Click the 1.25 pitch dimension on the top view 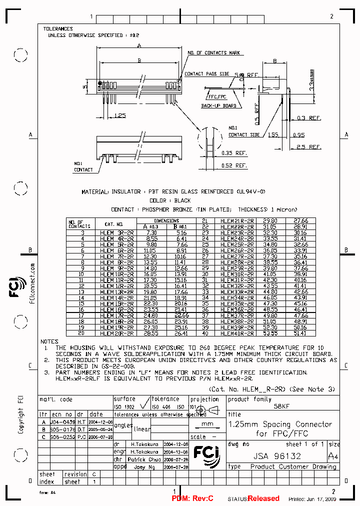[119, 115]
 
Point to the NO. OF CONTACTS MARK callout [214, 53]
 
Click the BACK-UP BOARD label [218, 106]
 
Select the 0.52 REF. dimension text [234, 165]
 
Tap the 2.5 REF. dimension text [308, 147]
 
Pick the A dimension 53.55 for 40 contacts [270, 333]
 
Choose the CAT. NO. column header [113, 224]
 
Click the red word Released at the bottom [263, 498]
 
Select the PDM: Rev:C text [192, 498]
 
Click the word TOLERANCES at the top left [58, 29]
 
